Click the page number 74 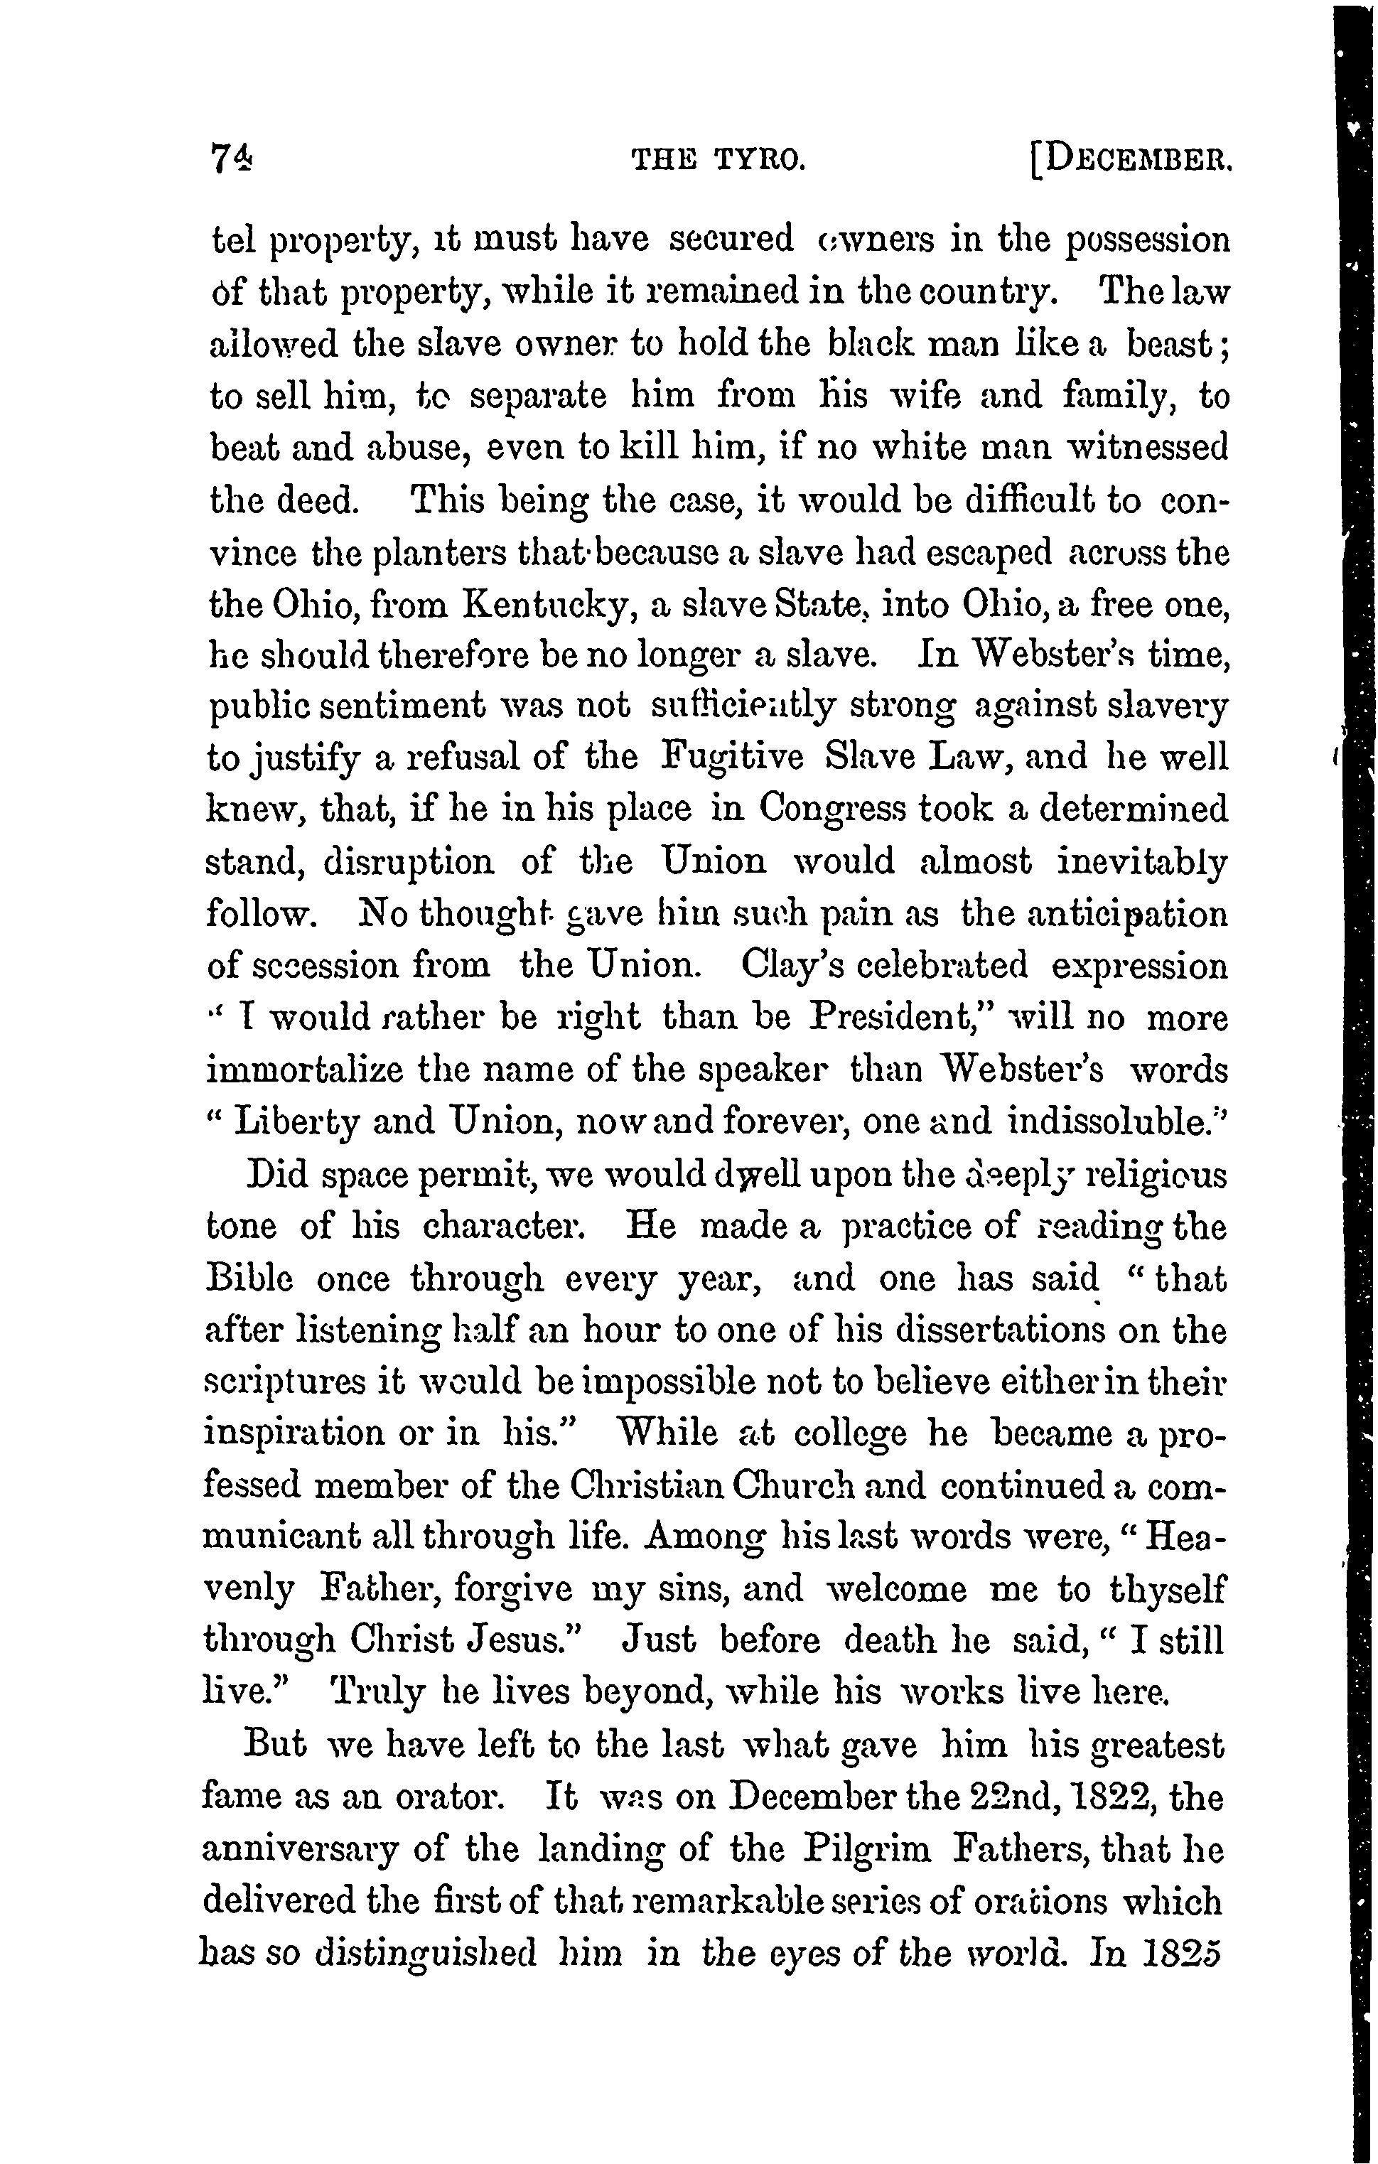click(232, 160)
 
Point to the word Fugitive click(733, 757)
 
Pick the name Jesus click(526, 1643)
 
